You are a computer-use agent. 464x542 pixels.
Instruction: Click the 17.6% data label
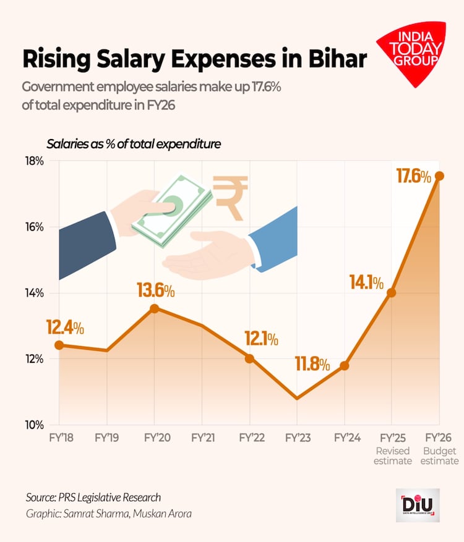coord(413,177)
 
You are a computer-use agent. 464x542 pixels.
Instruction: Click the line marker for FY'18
coord(59,345)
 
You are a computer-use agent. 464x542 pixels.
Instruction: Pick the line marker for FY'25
coord(391,292)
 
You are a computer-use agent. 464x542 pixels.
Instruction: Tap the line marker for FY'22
coord(249,358)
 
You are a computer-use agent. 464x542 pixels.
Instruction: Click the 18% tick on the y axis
coord(35,161)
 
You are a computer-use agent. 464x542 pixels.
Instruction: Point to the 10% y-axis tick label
coord(35,425)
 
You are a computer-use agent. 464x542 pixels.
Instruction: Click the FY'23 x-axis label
coord(297,438)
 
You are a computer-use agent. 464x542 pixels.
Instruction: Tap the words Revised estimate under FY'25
coord(393,455)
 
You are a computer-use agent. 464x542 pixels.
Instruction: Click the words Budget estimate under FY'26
coord(440,455)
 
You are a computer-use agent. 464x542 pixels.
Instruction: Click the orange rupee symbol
coord(230,197)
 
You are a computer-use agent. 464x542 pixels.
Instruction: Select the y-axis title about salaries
coord(134,144)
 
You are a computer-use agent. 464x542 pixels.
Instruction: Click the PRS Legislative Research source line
coord(93,497)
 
